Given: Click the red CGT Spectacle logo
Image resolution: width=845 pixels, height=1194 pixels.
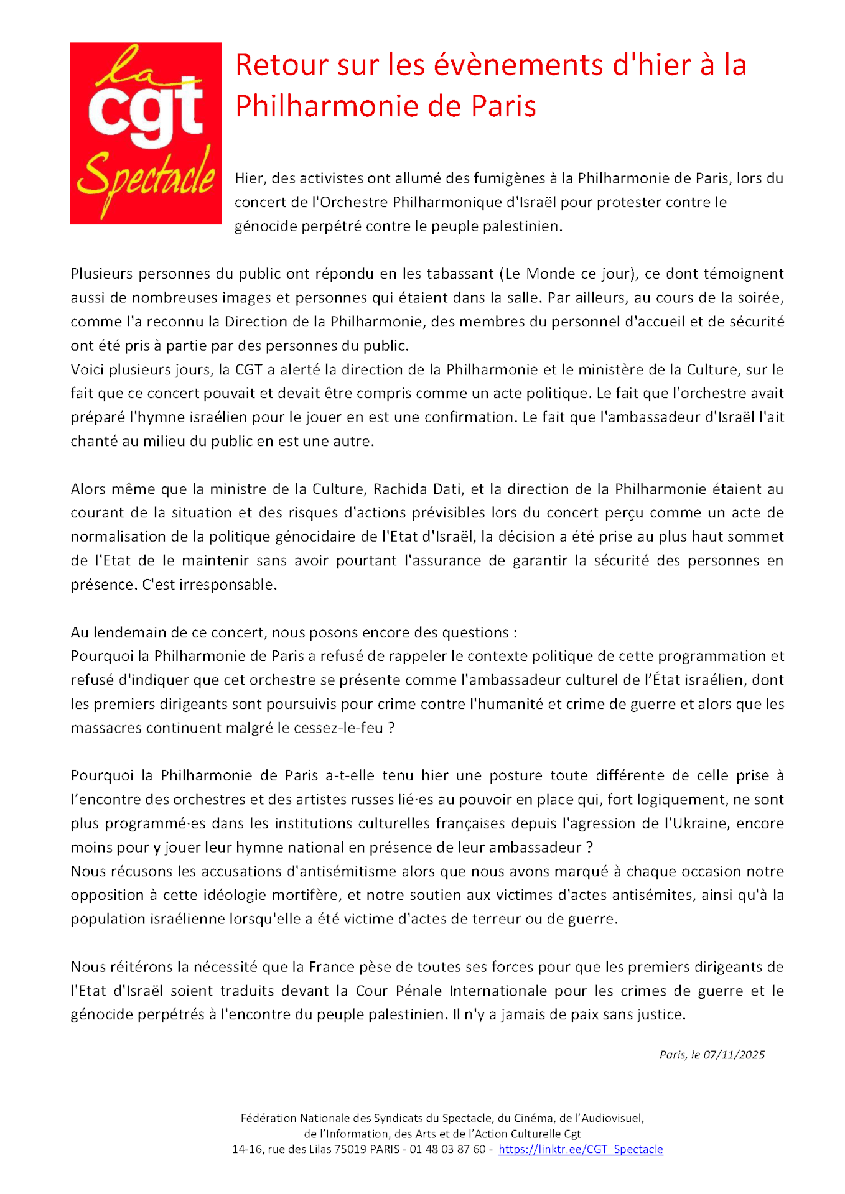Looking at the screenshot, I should (146, 133).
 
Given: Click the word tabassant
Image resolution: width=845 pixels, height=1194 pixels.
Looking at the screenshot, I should (459, 274).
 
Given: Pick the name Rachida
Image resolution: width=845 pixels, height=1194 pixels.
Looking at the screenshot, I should (401, 489).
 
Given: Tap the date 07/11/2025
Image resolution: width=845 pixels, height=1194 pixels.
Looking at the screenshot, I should (734, 1055).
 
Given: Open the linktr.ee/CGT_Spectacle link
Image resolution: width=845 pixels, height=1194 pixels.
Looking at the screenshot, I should (580, 1150).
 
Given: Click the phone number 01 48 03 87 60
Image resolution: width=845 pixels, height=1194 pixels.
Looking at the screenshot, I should (447, 1150).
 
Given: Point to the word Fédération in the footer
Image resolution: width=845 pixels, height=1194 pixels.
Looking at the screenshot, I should (269, 1119).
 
